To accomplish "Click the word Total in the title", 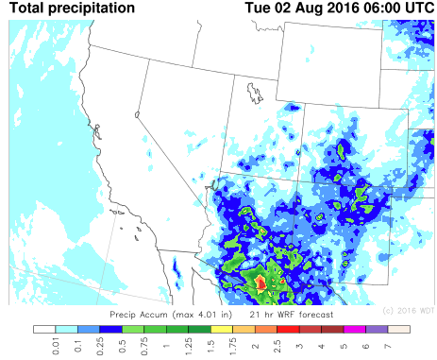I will pyautogui.click(x=28, y=8).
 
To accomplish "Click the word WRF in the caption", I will pyautogui.click(x=284, y=311).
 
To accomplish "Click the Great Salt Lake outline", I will pyautogui.click(x=255, y=92).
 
